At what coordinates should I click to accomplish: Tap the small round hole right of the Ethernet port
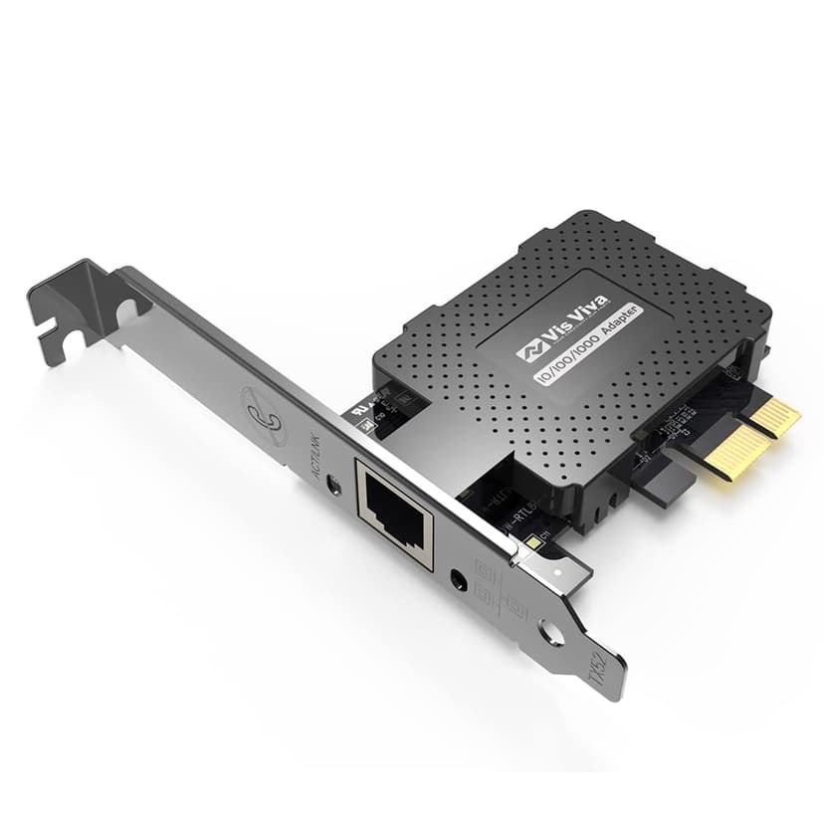click(461, 576)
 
